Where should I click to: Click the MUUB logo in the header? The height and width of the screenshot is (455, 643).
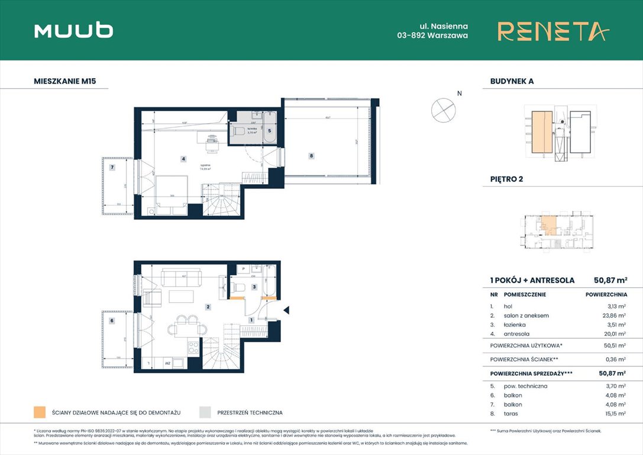click(73, 30)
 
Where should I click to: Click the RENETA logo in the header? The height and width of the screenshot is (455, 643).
click(552, 31)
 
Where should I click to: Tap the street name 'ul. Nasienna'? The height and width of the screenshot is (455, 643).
click(444, 26)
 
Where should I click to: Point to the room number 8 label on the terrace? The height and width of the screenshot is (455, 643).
click(311, 156)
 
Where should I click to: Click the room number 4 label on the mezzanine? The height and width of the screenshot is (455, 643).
click(184, 159)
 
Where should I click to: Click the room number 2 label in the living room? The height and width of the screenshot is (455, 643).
click(208, 307)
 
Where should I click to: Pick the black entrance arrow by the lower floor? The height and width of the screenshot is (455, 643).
click(286, 310)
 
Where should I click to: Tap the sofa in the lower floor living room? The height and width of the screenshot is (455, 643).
click(180, 276)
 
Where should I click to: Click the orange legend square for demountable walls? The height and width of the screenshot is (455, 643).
click(40, 412)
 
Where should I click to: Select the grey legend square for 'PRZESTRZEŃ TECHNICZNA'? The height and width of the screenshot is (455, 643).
click(205, 412)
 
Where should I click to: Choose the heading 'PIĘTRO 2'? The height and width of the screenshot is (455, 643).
click(507, 179)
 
